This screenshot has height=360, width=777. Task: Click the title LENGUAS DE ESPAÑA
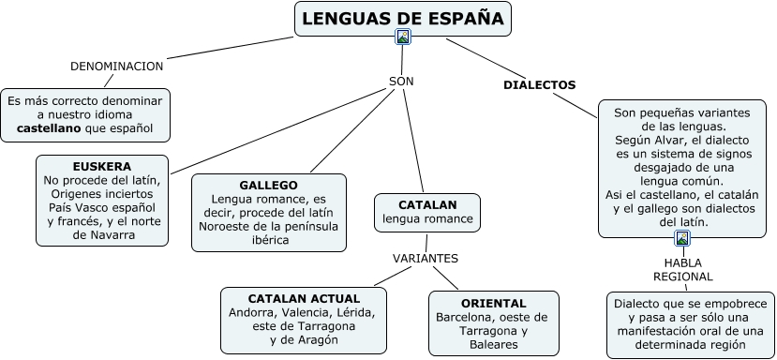[x=402, y=19]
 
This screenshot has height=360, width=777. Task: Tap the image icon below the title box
[x=403, y=37]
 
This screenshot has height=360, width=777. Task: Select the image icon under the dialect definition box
[x=682, y=238]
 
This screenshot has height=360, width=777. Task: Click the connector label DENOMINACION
[x=116, y=67]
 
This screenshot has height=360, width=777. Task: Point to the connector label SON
[x=401, y=82]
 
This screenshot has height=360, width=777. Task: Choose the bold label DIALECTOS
[x=540, y=85]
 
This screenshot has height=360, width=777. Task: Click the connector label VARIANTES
[x=426, y=259]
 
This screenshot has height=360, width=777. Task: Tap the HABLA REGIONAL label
[x=683, y=270]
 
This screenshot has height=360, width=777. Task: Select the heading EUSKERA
[x=101, y=166]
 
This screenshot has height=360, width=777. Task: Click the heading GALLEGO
[x=269, y=186]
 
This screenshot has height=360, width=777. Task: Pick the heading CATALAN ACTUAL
[x=304, y=299]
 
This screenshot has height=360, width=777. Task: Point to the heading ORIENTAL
[x=494, y=303]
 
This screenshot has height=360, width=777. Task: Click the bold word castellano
[x=49, y=128]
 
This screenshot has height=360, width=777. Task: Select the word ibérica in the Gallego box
[x=270, y=241]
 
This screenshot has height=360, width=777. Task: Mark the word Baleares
[x=494, y=344]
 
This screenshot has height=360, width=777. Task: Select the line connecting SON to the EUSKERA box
[x=278, y=131]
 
